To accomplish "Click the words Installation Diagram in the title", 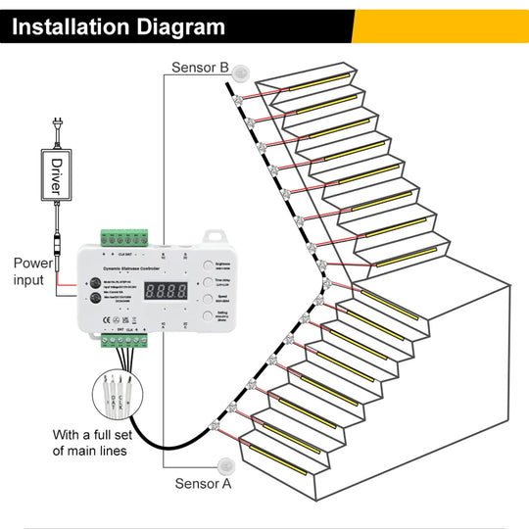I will click(x=118, y=27).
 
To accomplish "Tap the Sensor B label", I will click(x=200, y=68).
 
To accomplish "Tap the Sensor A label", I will click(x=203, y=483).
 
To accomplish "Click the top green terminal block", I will click(x=123, y=238).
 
